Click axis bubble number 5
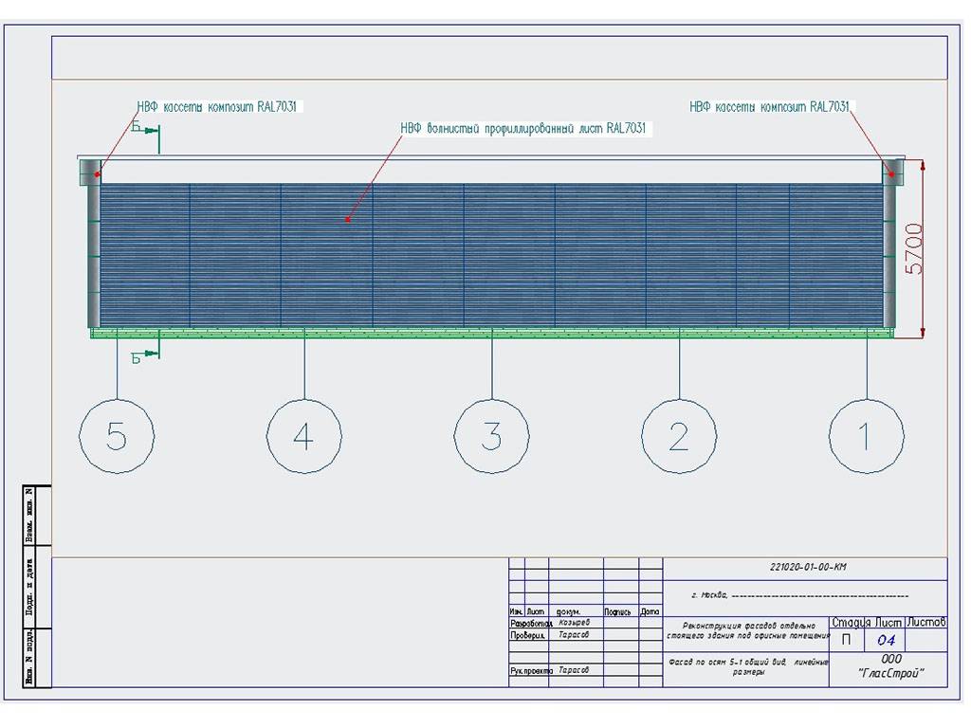pyautogui.click(x=117, y=437)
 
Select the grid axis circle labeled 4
pyautogui.click(x=303, y=437)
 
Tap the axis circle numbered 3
pyautogui.click(x=491, y=437)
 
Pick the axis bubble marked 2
pyautogui.click(x=678, y=437)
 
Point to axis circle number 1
pyautogui.click(x=865, y=437)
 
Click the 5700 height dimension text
pyautogui.click(x=912, y=248)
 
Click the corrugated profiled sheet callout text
pyautogui.click(x=522, y=128)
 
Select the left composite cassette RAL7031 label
pyautogui.click(x=219, y=107)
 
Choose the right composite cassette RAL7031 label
pyautogui.click(x=769, y=107)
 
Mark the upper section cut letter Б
pyautogui.click(x=137, y=126)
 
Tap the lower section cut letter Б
pyautogui.click(x=137, y=357)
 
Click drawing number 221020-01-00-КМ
pyautogui.click(x=808, y=568)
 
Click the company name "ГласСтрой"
pyautogui.click(x=890, y=674)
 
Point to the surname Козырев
pyautogui.click(x=575, y=623)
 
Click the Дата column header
pyautogui.click(x=650, y=611)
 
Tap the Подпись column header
pyautogui.click(x=617, y=611)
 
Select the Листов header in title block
pyautogui.click(x=926, y=622)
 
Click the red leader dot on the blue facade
pyautogui.click(x=348, y=220)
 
